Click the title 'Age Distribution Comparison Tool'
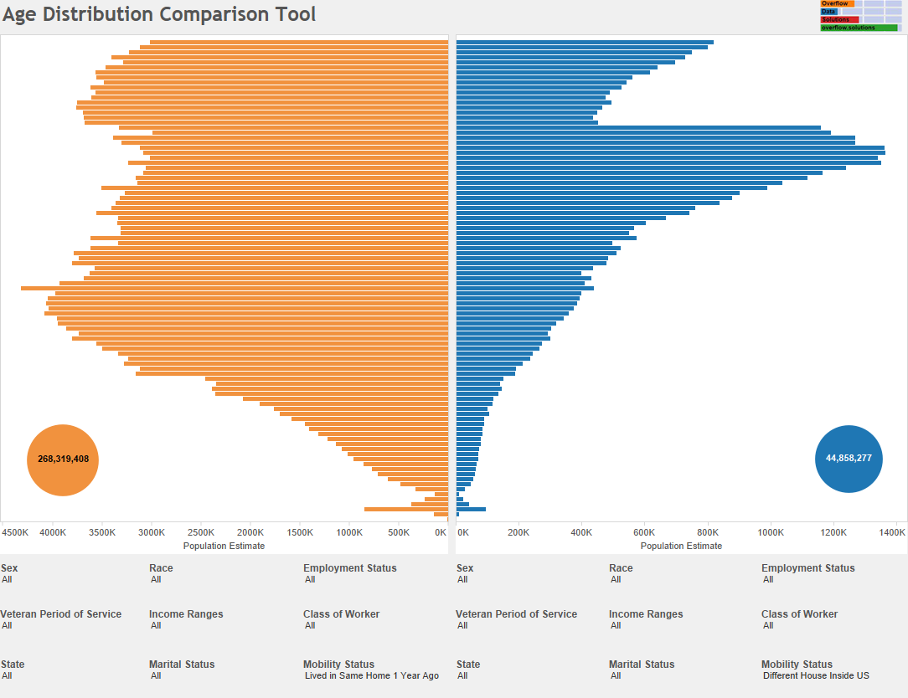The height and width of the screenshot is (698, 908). point(159,14)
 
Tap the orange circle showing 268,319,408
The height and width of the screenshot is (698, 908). point(63,459)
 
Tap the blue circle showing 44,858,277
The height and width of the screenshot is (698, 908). point(849,459)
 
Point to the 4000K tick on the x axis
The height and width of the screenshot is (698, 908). point(53,532)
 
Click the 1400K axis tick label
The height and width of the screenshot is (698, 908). point(893,532)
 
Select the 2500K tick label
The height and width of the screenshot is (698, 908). point(201,532)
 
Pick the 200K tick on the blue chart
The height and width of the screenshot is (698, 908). point(518,532)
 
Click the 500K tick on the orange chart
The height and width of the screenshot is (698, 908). point(399,532)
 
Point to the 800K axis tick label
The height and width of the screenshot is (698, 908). point(708,532)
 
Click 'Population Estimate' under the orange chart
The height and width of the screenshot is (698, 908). point(224,546)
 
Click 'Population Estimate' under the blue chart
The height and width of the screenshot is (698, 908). point(681,546)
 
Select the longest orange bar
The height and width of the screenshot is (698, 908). point(235,288)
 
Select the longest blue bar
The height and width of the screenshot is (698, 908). point(670,152)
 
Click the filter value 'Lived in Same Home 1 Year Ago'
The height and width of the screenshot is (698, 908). point(371,675)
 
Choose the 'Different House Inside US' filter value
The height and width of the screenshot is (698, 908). point(816,675)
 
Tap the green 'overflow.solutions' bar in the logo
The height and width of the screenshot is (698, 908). point(858,28)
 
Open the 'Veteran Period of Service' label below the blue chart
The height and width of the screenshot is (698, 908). point(516,614)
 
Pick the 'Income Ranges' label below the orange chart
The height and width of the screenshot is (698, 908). point(186,614)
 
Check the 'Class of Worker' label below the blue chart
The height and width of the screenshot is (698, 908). point(799,614)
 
